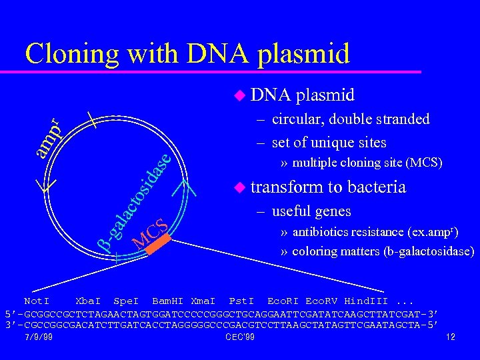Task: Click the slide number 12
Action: click(x=450, y=337)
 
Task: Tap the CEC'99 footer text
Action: click(x=240, y=337)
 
